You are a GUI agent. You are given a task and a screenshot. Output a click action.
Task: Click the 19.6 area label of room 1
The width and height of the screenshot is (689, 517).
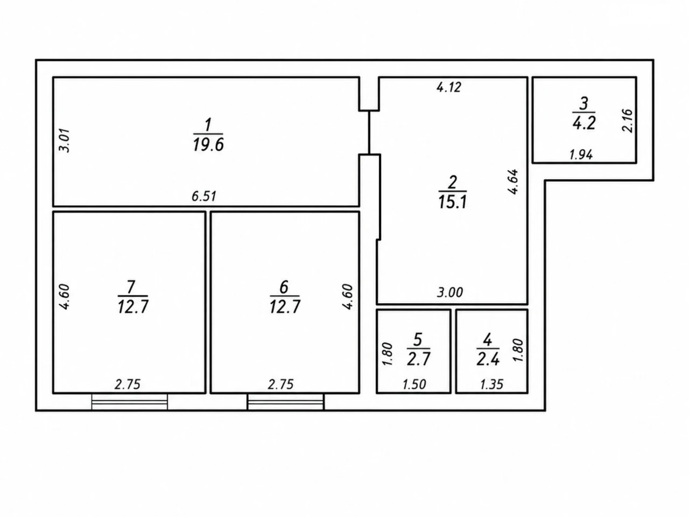point(208,145)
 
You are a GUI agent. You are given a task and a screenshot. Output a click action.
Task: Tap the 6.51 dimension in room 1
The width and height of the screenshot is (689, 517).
point(204,196)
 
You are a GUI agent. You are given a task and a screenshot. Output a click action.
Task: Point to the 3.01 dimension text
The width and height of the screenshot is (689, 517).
point(65,141)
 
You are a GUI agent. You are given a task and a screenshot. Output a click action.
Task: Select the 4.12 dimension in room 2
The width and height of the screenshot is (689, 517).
point(449,87)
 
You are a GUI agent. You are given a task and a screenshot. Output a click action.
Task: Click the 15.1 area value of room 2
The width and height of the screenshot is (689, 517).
point(453,202)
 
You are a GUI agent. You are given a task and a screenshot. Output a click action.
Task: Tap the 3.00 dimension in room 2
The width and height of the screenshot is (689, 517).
point(450,292)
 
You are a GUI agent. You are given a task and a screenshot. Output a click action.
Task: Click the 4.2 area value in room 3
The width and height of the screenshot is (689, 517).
point(584,123)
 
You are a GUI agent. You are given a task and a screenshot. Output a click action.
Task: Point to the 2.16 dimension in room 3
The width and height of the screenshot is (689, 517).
point(628,121)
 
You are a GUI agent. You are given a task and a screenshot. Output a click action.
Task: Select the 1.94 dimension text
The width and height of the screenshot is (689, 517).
point(581,155)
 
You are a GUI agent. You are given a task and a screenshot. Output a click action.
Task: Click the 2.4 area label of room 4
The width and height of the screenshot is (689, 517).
point(488,359)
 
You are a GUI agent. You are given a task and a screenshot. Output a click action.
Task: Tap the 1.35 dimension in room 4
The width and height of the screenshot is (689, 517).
point(491,384)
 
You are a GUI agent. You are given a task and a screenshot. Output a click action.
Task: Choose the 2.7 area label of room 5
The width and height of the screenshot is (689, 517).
point(418,359)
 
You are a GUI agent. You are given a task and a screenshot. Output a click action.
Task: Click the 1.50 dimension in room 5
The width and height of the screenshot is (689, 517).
point(414,384)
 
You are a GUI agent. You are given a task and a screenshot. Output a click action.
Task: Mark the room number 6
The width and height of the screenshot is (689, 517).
point(284,287)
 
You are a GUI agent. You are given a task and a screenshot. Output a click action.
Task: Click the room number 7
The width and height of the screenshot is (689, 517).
point(131,287)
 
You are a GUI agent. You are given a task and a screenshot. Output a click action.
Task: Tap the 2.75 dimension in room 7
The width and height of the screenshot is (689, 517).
point(127,384)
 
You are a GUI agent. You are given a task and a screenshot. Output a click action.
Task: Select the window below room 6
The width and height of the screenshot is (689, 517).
point(286,402)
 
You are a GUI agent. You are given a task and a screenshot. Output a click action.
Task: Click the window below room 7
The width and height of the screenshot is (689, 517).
point(130,402)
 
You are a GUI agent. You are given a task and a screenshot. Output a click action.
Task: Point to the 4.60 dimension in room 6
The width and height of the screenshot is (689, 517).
point(348,297)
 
